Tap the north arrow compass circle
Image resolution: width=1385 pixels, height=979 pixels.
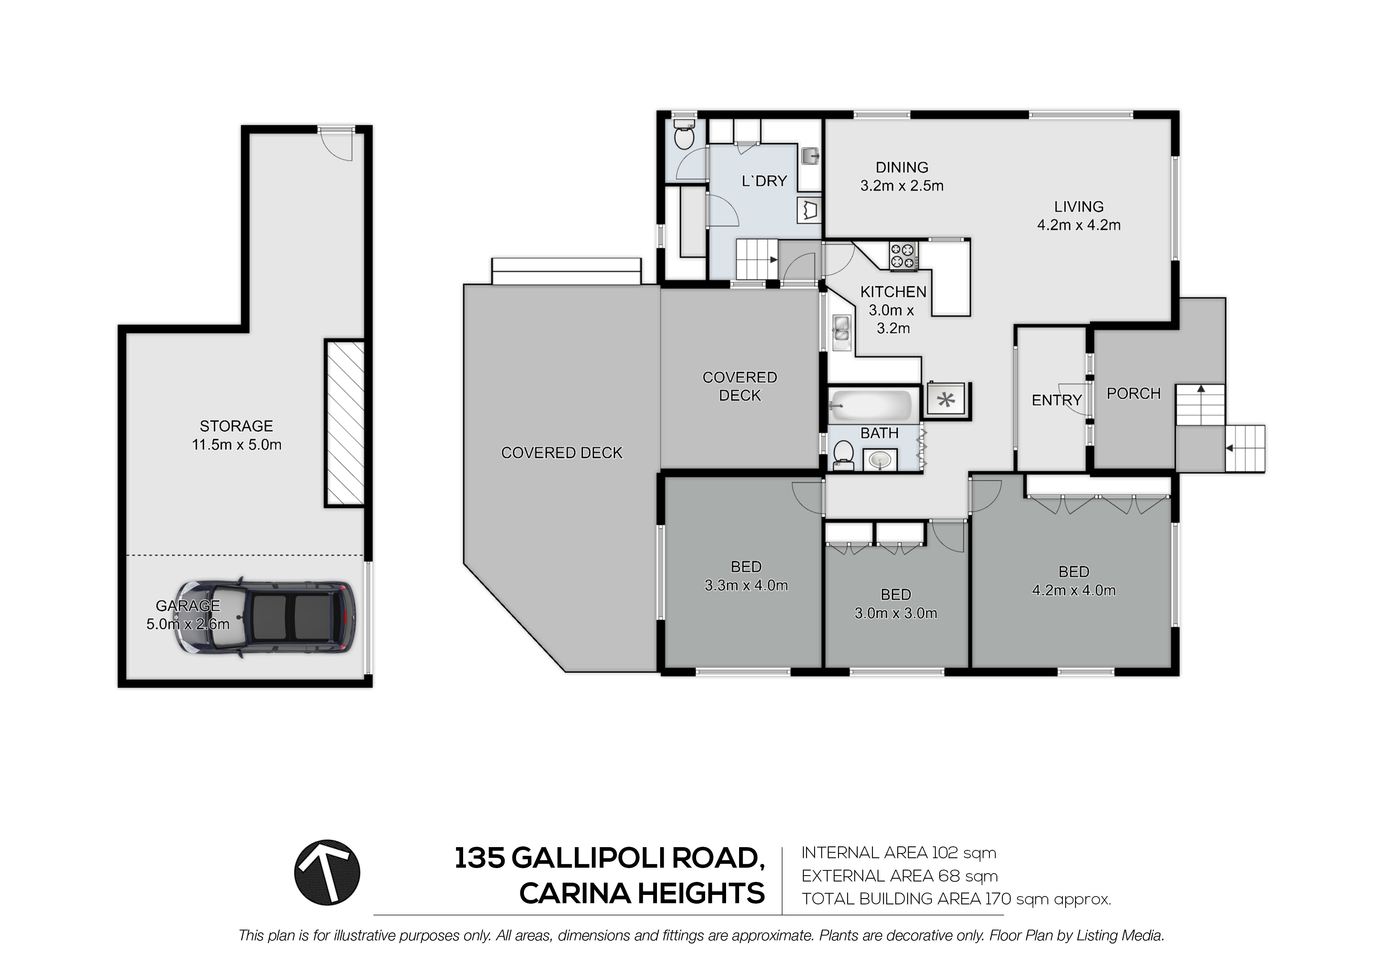[x=327, y=872]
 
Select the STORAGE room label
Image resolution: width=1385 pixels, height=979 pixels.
[x=236, y=426]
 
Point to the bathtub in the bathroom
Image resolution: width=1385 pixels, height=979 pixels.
[x=871, y=405]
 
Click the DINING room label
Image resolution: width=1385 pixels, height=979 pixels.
[x=902, y=167]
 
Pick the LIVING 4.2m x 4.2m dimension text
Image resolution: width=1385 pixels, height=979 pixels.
[x=1079, y=225]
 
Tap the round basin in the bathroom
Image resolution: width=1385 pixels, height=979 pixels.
[x=880, y=461]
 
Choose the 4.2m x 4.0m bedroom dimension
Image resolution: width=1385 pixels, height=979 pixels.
[x=1074, y=591]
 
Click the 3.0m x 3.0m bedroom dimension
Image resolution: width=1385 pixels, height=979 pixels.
[x=896, y=613]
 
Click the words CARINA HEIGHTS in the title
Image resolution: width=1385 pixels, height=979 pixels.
[x=642, y=893]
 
